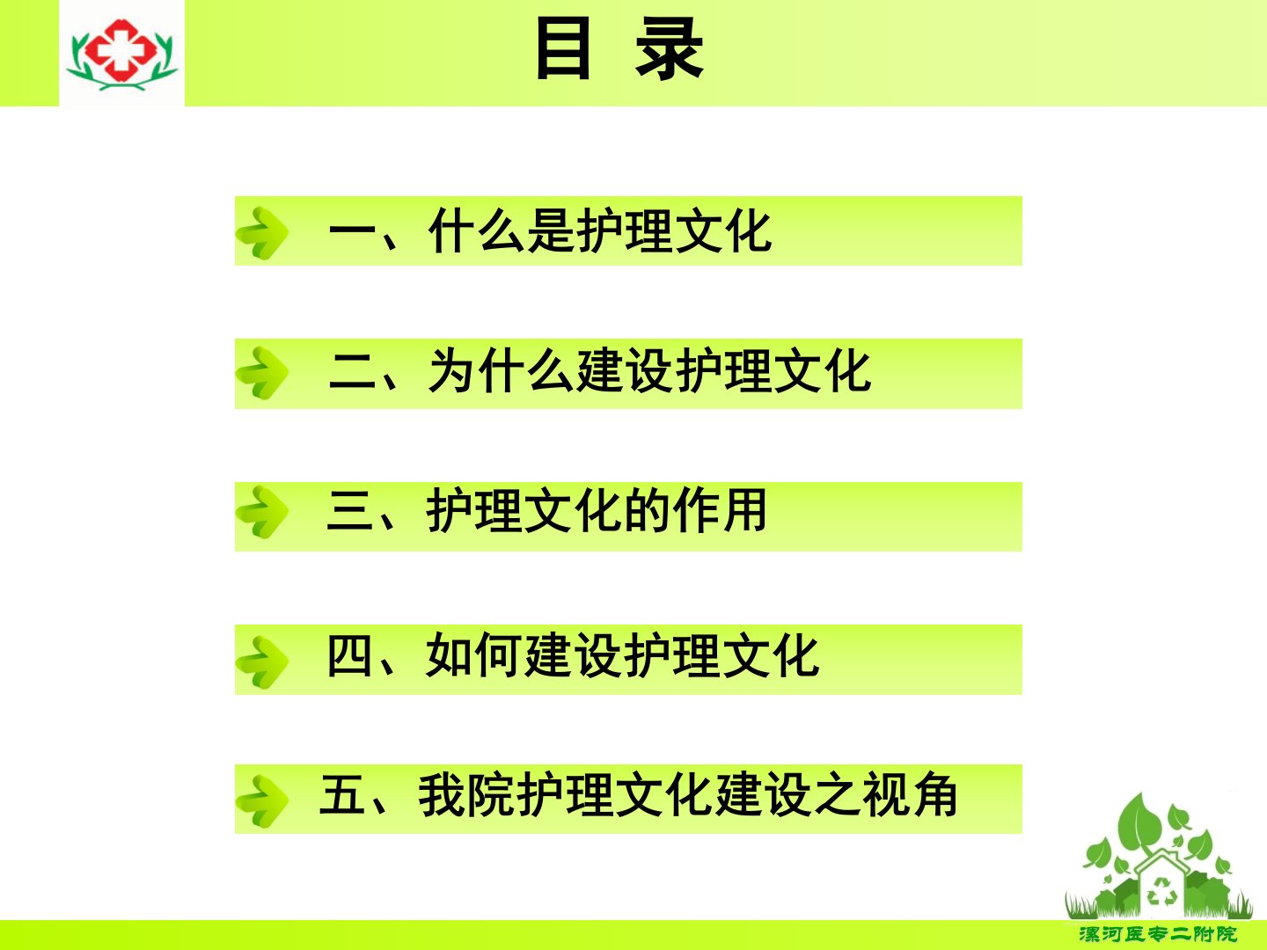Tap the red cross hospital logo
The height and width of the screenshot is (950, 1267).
(121, 53)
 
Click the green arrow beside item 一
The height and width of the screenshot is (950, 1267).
(262, 232)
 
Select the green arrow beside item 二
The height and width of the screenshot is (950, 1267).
(262, 373)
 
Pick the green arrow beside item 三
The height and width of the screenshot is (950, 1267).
(262, 512)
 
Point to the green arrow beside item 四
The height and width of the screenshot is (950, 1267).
(262, 661)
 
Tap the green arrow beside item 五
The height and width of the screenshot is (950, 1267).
(262, 801)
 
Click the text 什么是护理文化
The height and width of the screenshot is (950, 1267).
(600, 230)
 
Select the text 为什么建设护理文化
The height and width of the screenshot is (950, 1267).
(649, 371)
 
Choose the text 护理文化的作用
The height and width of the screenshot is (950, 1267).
(597, 510)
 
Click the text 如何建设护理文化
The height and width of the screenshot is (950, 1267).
(622, 654)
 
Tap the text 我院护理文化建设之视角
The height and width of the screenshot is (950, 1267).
(687, 795)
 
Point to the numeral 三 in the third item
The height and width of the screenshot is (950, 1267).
(350, 510)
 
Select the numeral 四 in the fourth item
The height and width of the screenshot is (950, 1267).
(349, 655)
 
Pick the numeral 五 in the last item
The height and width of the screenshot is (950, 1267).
(342, 795)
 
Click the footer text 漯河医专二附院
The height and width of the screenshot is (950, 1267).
(1158, 934)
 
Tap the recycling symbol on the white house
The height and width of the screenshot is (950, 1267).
(1162, 891)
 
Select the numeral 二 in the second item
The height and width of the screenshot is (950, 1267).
(352, 372)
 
